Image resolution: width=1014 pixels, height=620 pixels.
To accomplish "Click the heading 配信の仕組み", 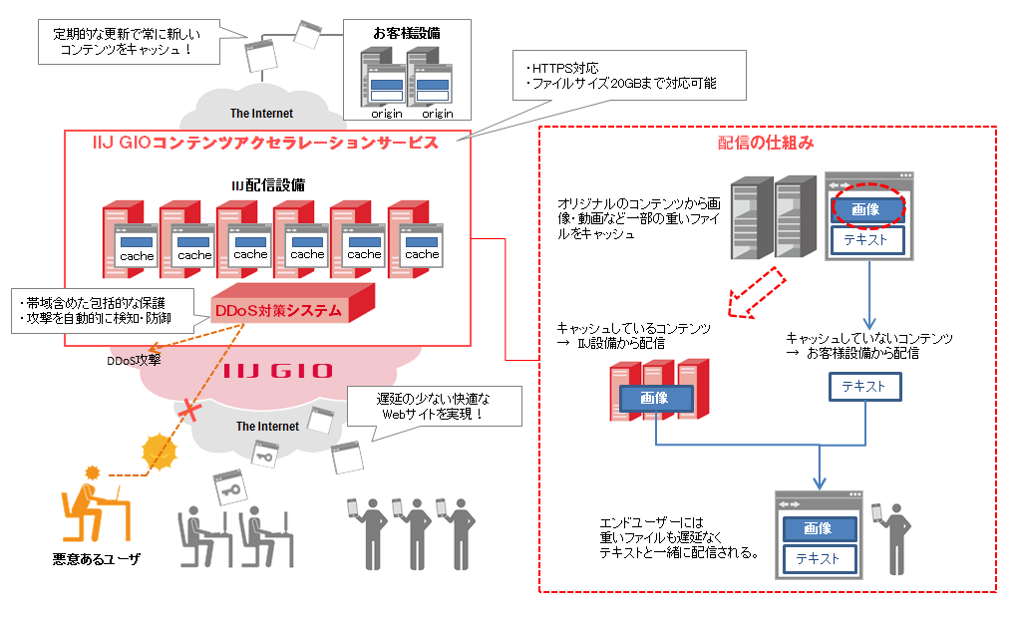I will tap(766, 143).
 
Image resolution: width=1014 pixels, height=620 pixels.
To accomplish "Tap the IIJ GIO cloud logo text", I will tap(277, 371).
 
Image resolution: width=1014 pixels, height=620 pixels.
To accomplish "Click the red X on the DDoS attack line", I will tap(184, 409).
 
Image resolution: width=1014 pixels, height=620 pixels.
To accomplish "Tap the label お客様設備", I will tap(407, 33).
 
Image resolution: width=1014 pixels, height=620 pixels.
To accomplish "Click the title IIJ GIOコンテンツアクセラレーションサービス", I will tap(265, 143).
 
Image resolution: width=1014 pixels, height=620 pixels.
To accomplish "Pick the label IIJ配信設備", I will tap(268, 184).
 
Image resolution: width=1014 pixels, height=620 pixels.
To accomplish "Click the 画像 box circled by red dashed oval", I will tap(865, 209).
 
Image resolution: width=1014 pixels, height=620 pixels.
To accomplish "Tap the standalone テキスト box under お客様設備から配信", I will tap(864, 387).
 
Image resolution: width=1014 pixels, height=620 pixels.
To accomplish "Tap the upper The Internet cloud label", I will tap(261, 114).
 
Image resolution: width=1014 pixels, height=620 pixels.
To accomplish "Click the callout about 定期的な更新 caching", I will tap(126, 41).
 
